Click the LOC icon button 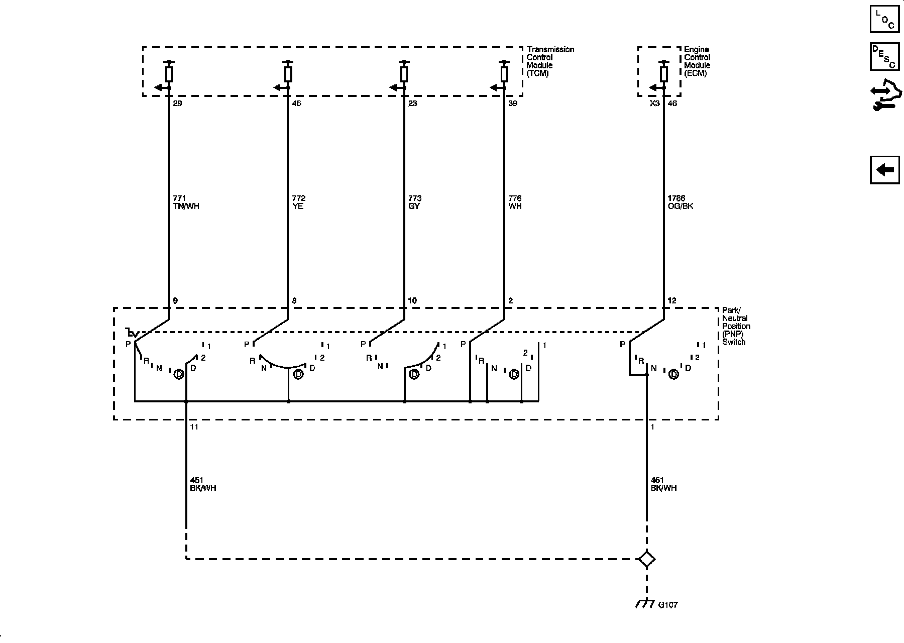tap(884, 19)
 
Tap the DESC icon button tap(884, 56)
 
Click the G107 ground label tap(667, 605)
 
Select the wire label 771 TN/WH tap(185, 202)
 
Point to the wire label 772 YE tap(298, 202)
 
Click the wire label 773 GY tap(415, 202)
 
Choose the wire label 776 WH tap(515, 202)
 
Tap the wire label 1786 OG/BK tap(681, 202)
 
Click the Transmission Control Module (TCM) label tap(550, 61)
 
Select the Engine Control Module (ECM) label tap(697, 61)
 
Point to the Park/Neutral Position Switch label tap(736, 326)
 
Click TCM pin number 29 tap(177, 103)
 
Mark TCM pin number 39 tap(513, 103)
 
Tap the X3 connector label tap(654, 103)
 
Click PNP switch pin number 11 tap(194, 427)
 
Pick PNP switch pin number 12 tap(672, 301)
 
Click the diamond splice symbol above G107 tap(646, 559)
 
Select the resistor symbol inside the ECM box tap(663, 74)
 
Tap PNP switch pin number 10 tap(412, 301)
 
